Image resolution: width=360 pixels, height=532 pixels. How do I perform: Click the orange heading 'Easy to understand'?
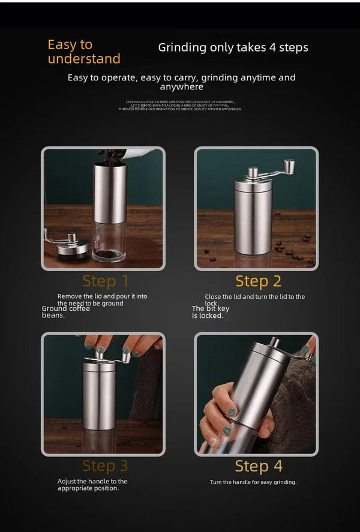click(x=83, y=52)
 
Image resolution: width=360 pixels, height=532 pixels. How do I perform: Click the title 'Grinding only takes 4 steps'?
click(x=233, y=47)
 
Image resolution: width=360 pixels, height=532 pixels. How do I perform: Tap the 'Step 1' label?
click(x=106, y=281)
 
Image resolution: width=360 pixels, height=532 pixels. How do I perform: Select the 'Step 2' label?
click(x=258, y=281)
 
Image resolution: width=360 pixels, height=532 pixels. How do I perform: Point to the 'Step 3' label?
click(x=106, y=466)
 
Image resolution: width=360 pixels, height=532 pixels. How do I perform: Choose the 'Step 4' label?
click(x=258, y=466)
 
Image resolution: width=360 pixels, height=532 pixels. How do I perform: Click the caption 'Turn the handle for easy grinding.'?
click(x=253, y=482)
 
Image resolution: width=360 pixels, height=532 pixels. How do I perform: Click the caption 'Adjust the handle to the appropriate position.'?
click(x=92, y=485)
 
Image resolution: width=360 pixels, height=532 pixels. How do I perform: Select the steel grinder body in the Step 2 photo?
click(x=253, y=216)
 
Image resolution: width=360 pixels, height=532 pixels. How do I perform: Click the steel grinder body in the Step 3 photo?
click(x=100, y=396)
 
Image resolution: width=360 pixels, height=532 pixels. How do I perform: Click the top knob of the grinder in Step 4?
click(x=274, y=342)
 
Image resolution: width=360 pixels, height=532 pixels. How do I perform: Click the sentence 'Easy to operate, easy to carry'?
click(x=181, y=82)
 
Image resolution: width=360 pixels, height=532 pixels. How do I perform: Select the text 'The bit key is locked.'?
click(x=210, y=312)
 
